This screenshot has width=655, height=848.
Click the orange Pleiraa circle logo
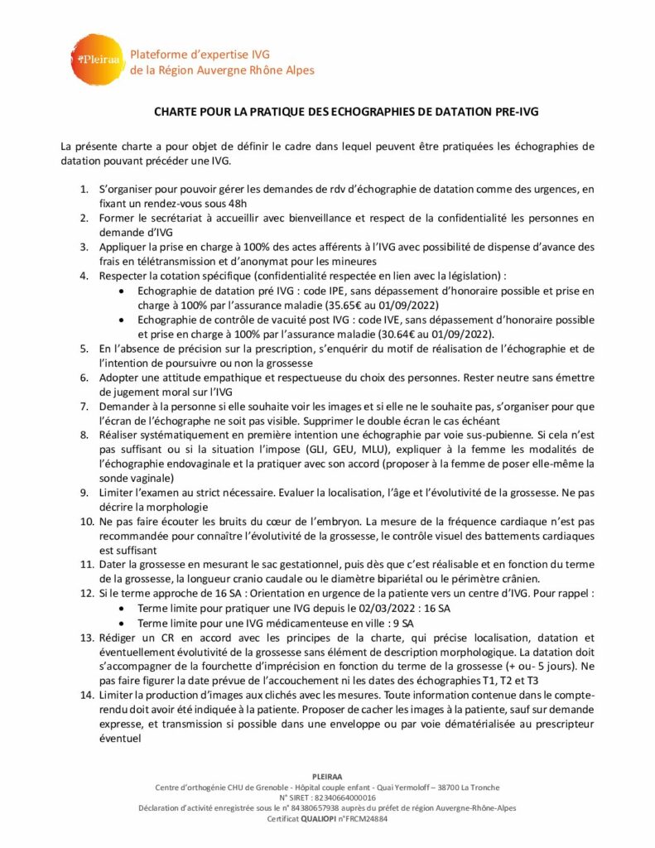[98, 58]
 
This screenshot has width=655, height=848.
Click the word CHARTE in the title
[175, 110]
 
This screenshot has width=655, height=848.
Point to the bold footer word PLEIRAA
[326, 777]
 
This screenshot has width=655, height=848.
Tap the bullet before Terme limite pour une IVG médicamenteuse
[123, 622]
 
